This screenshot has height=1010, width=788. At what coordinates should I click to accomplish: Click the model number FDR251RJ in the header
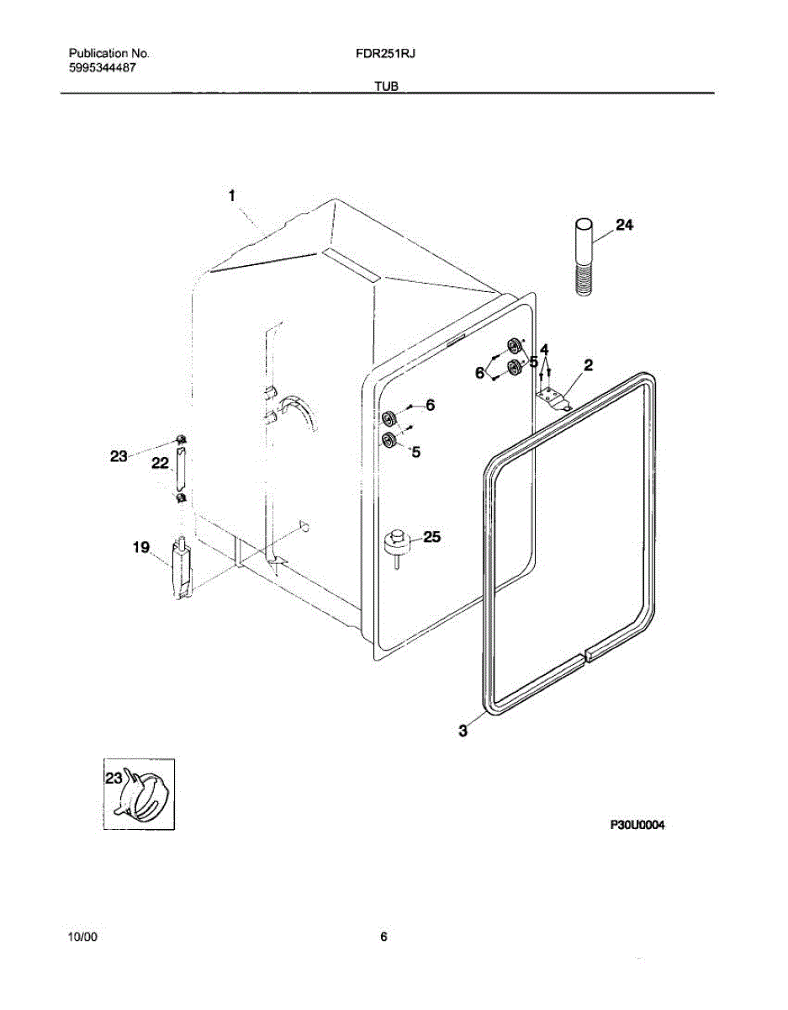coord(387,53)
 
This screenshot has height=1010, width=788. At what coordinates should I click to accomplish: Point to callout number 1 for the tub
coord(231,195)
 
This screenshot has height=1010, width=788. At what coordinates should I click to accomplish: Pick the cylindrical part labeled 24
coord(584,255)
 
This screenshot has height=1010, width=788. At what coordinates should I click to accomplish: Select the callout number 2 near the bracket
coord(588,365)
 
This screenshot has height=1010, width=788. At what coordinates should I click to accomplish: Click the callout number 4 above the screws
coord(545,349)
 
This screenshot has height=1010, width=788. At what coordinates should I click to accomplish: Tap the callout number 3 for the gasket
coord(463,731)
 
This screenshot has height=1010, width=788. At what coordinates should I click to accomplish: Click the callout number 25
coord(431,536)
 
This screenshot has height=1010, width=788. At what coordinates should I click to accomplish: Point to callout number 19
coord(140,548)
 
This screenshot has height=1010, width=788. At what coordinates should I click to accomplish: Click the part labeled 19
coord(182,571)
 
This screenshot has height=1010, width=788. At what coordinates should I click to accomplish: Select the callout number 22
coord(160,463)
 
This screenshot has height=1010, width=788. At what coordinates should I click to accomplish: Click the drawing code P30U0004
coord(637,826)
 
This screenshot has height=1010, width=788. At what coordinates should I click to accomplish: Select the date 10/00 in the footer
coord(82,936)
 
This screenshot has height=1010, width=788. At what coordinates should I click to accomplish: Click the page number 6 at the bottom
coord(383,936)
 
